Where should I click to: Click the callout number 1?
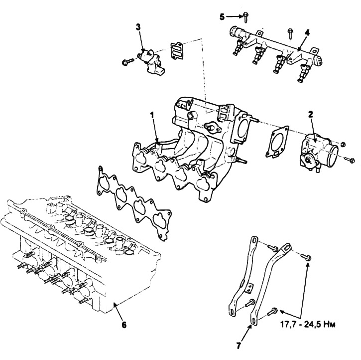coord(152,115)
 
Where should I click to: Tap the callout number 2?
coord(311,114)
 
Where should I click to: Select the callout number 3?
coord(138,27)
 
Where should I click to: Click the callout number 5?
coord(222,16)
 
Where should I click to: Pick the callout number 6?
coord(124,325)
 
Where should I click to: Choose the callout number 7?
coord(239,345)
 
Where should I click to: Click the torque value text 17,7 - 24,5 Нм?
coord(308,324)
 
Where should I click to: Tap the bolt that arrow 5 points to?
coord(245,17)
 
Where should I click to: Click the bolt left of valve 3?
coord(127,61)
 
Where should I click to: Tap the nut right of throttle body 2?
coord(343,144)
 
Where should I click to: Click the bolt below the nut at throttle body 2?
coord(350,160)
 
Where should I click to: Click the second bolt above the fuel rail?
coord(290,33)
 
